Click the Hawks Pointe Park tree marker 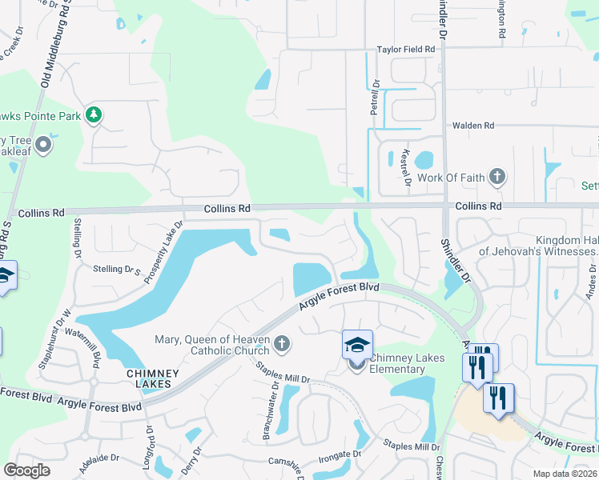pyautogui.click(x=94, y=116)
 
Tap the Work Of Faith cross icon pyautogui.click(x=497, y=175)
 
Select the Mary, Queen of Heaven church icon pyautogui.click(x=280, y=344)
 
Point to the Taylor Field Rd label pyautogui.click(x=406, y=50)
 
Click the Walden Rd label pyautogui.click(x=473, y=126)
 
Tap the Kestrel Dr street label pyautogui.click(x=408, y=170)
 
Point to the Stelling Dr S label pyautogui.click(x=118, y=270)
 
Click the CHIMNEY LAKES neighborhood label pyautogui.click(x=149, y=378)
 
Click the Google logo pyautogui.click(x=26, y=470)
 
